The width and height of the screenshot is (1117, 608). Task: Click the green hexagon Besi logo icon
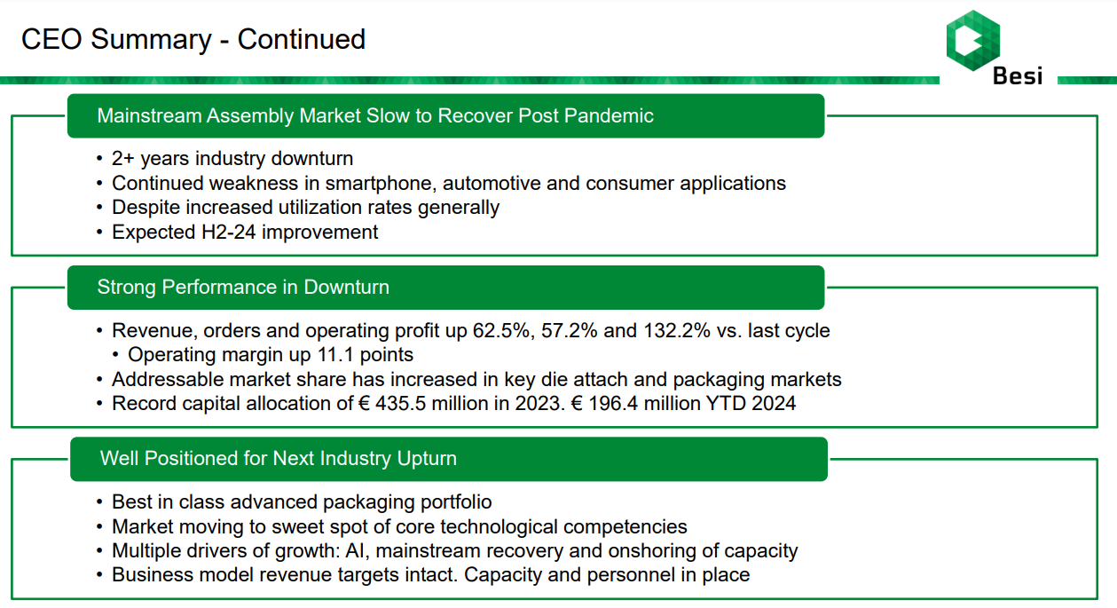tap(973, 41)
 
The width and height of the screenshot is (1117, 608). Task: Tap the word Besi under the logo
tap(1018, 76)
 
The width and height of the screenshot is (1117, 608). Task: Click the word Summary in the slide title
tap(151, 40)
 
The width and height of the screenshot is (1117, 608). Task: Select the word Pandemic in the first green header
tap(609, 115)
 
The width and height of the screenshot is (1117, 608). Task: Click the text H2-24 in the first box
tap(228, 232)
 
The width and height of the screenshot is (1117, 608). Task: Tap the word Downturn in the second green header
tap(346, 288)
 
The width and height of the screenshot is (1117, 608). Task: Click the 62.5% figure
tap(504, 331)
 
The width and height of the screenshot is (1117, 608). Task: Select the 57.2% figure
tap(569, 331)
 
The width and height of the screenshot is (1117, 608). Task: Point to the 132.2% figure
tap(677, 331)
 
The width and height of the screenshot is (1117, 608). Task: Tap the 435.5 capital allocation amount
tap(400, 404)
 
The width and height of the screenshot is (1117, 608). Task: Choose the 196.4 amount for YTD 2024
tap(613, 404)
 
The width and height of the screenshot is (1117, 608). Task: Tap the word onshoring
tap(652, 552)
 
